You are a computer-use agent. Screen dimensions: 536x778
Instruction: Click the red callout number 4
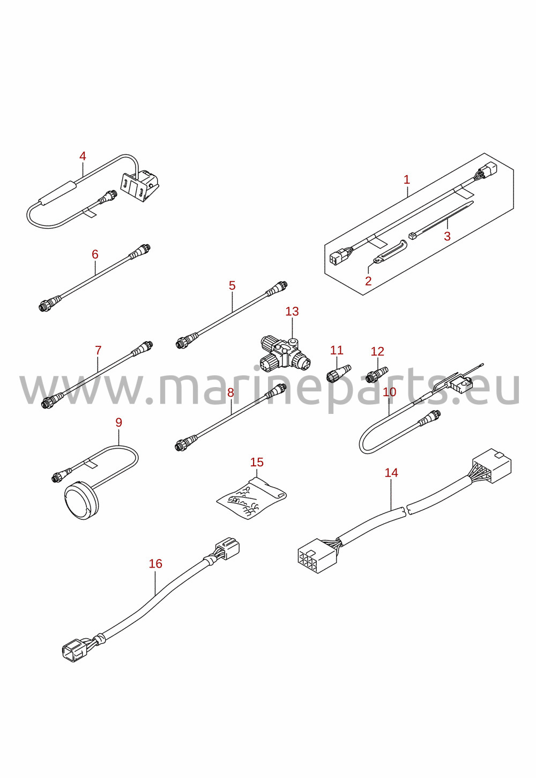pyautogui.click(x=83, y=156)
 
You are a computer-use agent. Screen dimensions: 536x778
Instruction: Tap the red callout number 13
pyautogui.click(x=292, y=311)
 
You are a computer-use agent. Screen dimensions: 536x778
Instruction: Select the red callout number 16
pyautogui.click(x=155, y=563)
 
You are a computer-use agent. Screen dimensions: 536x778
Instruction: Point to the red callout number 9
pyautogui.click(x=118, y=422)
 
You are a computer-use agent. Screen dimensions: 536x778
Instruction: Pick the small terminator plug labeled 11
pyautogui.click(x=338, y=372)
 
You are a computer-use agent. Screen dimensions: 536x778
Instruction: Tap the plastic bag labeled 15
pyautogui.click(x=251, y=498)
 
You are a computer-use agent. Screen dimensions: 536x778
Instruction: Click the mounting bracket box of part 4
pyautogui.click(x=140, y=186)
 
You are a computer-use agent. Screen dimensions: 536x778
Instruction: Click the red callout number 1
pyautogui.click(x=407, y=180)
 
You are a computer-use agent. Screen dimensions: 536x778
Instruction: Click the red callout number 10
pyautogui.click(x=389, y=392)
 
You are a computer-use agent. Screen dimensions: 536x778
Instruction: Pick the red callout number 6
pyautogui.click(x=95, y=254)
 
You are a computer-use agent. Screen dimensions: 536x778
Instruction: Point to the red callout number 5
pyautogui.click(x=232, y=285)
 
